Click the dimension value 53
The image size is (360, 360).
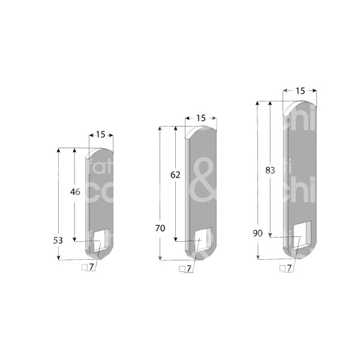[58, 240]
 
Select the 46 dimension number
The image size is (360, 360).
[75, 192]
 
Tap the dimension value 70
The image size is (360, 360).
[160, 228]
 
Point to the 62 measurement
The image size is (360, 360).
[175, 175]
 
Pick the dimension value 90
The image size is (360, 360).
[258, 233]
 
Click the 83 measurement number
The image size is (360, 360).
[270, 170]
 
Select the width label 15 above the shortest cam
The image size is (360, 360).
[100, 134]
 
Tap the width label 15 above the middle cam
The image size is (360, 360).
[201, 118]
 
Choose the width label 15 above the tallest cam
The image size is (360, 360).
[300, 90]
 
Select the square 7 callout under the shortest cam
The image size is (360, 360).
[88, 267]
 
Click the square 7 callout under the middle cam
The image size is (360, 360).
[186, 269]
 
